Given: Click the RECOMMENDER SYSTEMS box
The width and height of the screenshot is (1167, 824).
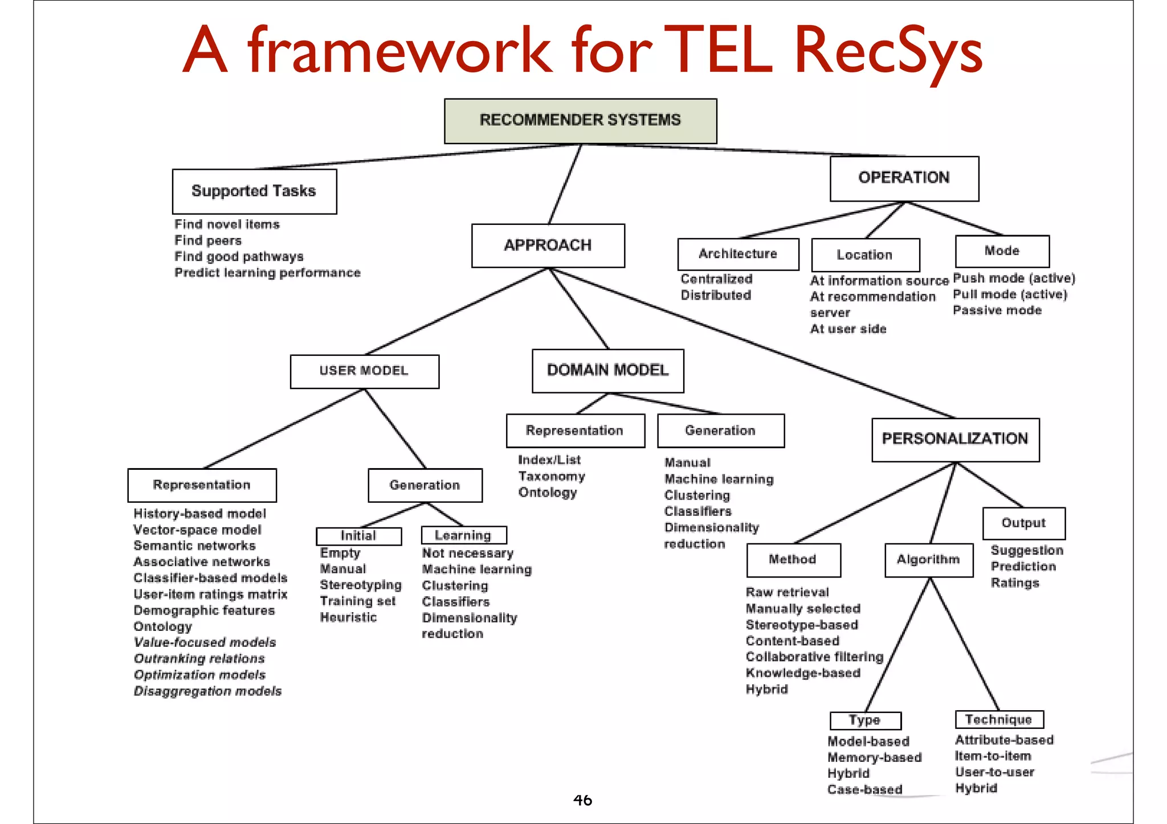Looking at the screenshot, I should (x=580, y=121).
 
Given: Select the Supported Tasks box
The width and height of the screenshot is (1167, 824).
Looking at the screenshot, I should (x=254, y=191).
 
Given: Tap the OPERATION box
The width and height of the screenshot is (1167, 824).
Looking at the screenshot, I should (x=904, y=178).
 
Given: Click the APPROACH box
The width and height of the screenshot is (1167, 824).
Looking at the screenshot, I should (x=548, y=245).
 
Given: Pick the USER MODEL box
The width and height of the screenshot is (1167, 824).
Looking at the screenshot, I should (x=364, y=371).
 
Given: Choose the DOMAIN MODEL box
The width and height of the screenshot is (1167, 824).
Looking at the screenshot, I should (x=607, y=371).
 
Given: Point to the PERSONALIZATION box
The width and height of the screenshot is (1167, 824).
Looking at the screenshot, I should (x=955, y=439).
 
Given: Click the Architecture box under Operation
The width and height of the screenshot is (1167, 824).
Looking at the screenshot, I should (x=738, y=254).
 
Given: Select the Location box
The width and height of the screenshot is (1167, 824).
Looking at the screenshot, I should (x=865, y=255).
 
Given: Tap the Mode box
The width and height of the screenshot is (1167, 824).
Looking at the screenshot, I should (x=1002, y=251).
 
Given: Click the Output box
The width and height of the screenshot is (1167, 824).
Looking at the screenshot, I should (x=1023, y=523).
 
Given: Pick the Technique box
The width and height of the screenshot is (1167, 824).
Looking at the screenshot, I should (x=999, y=720).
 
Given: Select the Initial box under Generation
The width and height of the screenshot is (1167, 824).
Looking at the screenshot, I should (x=358, y=536).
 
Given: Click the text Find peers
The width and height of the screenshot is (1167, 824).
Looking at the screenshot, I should (x=208, y=241).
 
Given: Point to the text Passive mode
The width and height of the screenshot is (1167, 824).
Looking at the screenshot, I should (x=997, y=311).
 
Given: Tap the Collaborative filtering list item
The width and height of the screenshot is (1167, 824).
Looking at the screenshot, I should (x=814, y=657).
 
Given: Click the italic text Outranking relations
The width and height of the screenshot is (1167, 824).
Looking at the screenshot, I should (x=199, y=659).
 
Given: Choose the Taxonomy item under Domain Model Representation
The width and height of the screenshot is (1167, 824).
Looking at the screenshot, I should (x=552, y=477).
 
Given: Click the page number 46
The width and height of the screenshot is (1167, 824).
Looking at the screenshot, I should (x=582, y=801).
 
